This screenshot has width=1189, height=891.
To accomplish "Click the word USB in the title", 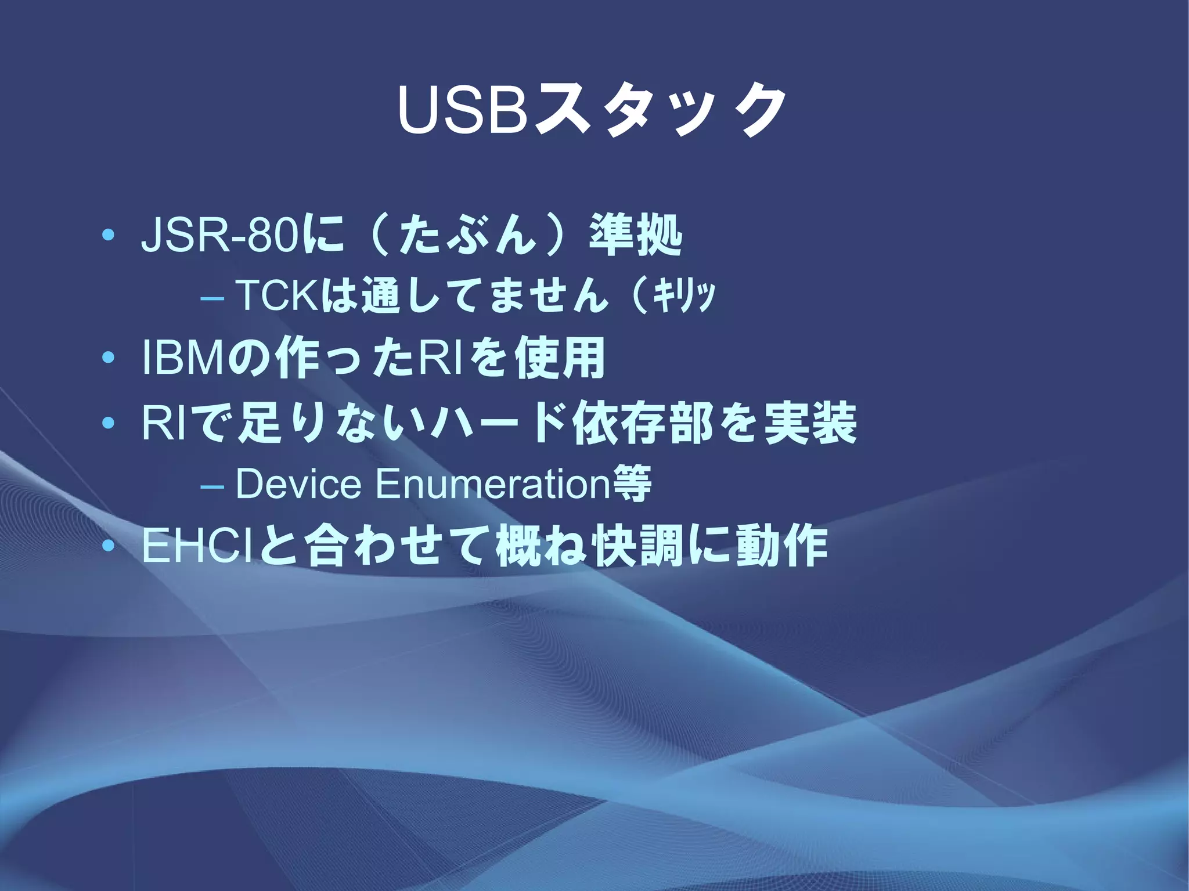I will coord(463,110).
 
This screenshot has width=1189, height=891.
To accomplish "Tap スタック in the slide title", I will coord(660,110).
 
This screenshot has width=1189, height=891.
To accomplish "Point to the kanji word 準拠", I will coord(635,236).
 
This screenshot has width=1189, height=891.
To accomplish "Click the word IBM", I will coord(183,359).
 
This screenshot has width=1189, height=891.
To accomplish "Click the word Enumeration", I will coord(493,484).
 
